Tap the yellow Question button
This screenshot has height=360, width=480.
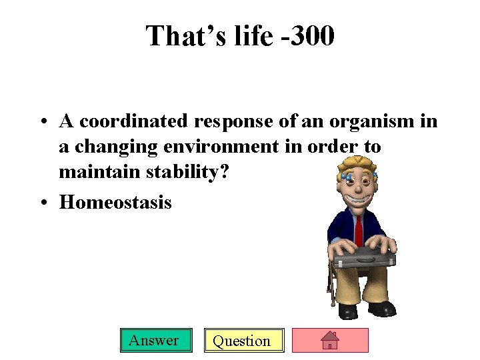click(243, 341)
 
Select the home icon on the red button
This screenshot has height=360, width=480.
click(330, 341)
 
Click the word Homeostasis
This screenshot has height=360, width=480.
click(115, 201)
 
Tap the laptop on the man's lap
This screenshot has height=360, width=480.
click(364, 257)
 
